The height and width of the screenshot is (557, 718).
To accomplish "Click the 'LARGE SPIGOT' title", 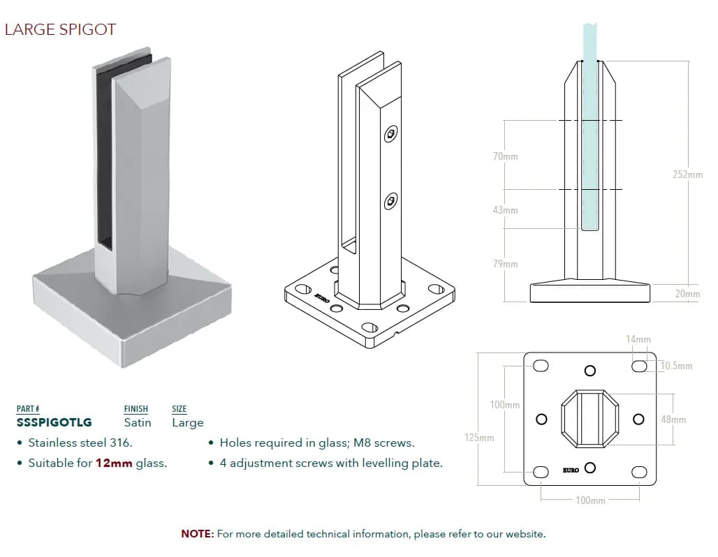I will tap(60, 29).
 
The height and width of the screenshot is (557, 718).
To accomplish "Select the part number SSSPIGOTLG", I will tap(54, 422).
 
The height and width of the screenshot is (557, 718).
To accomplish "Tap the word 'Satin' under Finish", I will tap(138, 422).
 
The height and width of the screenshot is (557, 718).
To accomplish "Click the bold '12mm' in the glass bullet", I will tap(114, 463).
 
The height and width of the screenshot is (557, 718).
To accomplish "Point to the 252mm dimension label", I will tap(687, 174).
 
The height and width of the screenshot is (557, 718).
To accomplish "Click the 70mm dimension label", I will tap(505, 156).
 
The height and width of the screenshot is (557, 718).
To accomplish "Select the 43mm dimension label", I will tap(505, 209).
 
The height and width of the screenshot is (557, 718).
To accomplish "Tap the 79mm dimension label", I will tap(505, 264).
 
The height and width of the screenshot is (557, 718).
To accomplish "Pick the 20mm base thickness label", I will tap(687, 294).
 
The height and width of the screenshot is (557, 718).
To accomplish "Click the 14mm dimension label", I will tap(638, 340).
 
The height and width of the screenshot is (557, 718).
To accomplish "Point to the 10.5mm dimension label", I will tap(676, 366).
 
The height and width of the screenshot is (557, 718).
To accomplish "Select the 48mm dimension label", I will tap(673, 419).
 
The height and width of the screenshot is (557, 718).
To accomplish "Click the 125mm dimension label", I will tap(479, 438).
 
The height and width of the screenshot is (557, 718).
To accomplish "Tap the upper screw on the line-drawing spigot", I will tap(391, 134).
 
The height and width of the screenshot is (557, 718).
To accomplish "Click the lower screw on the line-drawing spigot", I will tap(390, 202).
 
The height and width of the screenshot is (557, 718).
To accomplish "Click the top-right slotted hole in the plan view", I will tap(638, 366).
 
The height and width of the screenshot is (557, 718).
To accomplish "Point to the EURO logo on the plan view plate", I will tap(571, 470).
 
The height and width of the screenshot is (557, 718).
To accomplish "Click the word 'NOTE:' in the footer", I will tap(197, 534).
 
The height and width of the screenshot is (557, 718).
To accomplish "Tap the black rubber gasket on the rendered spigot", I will tap(103, 154).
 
